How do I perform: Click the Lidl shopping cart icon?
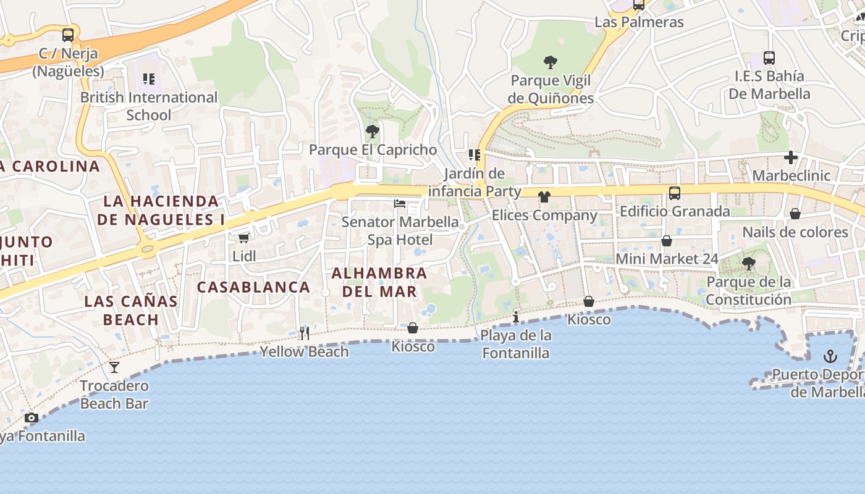244,238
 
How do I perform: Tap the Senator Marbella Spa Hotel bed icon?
400,203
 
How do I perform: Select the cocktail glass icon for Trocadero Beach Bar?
114,367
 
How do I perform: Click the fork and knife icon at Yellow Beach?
304,333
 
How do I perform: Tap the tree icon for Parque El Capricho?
372,131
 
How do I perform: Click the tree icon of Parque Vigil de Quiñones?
550,62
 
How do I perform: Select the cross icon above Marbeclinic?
791,157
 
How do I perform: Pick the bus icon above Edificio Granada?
675,193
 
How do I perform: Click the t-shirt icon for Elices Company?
544,197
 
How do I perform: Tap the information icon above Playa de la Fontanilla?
516,317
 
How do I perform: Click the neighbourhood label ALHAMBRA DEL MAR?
379,282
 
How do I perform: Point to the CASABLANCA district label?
253,287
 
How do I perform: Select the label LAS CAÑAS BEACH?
131,311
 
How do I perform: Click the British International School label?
149,106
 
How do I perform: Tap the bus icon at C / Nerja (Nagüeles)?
68,35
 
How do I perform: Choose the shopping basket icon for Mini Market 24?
666,241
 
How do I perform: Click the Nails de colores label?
795,232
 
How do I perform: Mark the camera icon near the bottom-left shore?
32,418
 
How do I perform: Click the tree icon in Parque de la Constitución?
748,264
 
